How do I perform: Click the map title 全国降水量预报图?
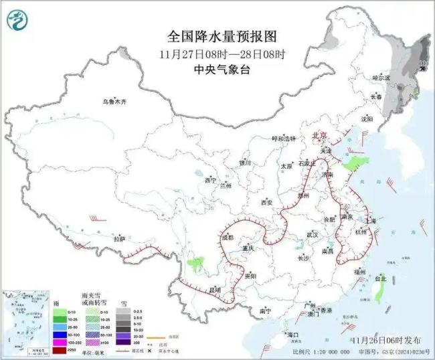point(217,37)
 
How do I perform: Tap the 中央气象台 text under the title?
point(217,68)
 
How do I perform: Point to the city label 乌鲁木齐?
point(114,102)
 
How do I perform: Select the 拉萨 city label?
point(120,238)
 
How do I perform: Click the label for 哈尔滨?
point(380,78)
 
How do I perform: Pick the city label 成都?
point(227,237)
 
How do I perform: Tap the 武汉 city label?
point(312,235)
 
